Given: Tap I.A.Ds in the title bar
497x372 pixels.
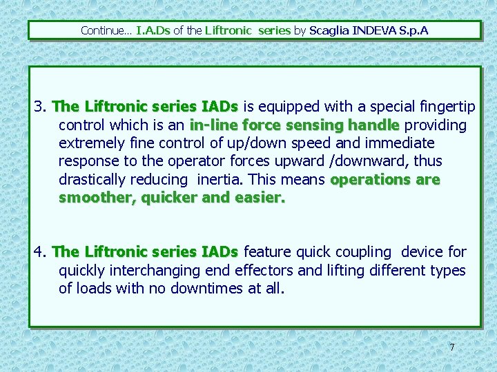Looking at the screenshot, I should tap(153, 30).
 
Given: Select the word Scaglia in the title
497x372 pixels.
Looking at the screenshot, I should tap(329, 30).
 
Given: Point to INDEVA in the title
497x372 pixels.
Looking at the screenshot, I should tap(374, 30).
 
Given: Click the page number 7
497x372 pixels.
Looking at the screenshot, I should tap(452, 347).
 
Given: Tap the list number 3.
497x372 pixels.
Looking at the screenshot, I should tap(39, 107).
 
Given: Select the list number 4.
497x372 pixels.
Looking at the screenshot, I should tap(39, 252).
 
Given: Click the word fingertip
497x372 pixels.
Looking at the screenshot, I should tap(447, 107).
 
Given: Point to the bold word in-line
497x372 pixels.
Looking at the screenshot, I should tap(211, 125).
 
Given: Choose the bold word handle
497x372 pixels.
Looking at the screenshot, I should tap(373, 125).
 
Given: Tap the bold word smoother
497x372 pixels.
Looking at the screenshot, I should tap(96, 198).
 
